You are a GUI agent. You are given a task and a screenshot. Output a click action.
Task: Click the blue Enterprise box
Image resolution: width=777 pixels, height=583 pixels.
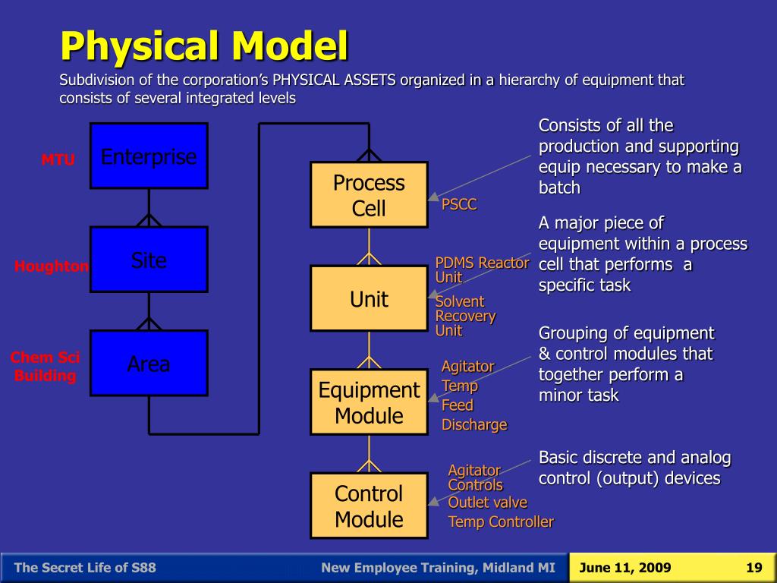[x=149, y=156]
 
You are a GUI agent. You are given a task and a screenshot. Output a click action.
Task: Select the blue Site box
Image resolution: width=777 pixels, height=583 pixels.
[x=149, y=260]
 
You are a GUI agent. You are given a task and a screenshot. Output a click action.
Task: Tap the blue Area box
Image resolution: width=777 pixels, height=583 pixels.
[x=149, y=364]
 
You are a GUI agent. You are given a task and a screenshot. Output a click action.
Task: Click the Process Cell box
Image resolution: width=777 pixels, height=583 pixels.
[x=369, y=195]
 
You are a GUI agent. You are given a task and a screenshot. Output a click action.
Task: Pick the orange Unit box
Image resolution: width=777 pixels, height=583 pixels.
[x=369, y=298]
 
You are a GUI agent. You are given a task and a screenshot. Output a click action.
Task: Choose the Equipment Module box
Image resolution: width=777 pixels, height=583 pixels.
[x=369, y=402]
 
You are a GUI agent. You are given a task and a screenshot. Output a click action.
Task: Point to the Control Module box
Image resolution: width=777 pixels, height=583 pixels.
[x=369, y=506]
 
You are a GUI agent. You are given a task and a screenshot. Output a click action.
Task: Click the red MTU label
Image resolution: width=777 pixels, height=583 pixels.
[x=58, y=160]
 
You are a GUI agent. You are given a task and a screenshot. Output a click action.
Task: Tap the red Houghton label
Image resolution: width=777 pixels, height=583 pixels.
[x=52, y=266]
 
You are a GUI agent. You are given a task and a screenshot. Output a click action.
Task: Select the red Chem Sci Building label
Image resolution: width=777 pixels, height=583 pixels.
[x=45, y=367]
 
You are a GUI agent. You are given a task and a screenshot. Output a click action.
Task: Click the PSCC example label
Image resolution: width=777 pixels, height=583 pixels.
[x=459, y=205]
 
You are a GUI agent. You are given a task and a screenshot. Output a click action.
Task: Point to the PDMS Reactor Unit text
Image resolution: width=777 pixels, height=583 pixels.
[x=482, y=269]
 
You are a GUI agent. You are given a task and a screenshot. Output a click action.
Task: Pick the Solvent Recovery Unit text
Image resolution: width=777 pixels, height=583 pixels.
[x=465, y=316]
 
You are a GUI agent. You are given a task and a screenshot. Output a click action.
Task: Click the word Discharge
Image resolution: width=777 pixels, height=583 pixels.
[x=474, y=425]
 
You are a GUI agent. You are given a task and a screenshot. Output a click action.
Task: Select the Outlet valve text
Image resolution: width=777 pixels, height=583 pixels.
[x=487, y=503]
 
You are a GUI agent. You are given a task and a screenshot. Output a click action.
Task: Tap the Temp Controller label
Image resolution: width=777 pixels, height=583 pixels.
[x=501, y=522]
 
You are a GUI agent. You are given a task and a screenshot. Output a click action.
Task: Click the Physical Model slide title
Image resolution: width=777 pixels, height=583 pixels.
[x=204, y=46]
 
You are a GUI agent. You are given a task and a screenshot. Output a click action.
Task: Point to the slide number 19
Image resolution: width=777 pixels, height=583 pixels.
[x=753, y=568]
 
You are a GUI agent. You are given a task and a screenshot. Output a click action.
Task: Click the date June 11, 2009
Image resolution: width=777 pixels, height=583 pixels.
[x=624, y=568]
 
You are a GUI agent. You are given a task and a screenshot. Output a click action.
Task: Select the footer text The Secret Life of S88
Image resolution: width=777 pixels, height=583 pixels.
[x=86, y=568]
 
